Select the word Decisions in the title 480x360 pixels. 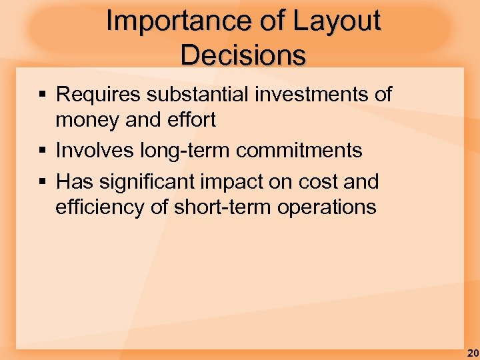pyautogui.click(x=243, y=55)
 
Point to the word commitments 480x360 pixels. pyautogui.click(x=299, y=151)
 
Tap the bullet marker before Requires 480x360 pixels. pyautogui.click(x=43, y=95)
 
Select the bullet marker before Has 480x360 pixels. pyautogui.click(x=43, y=181)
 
